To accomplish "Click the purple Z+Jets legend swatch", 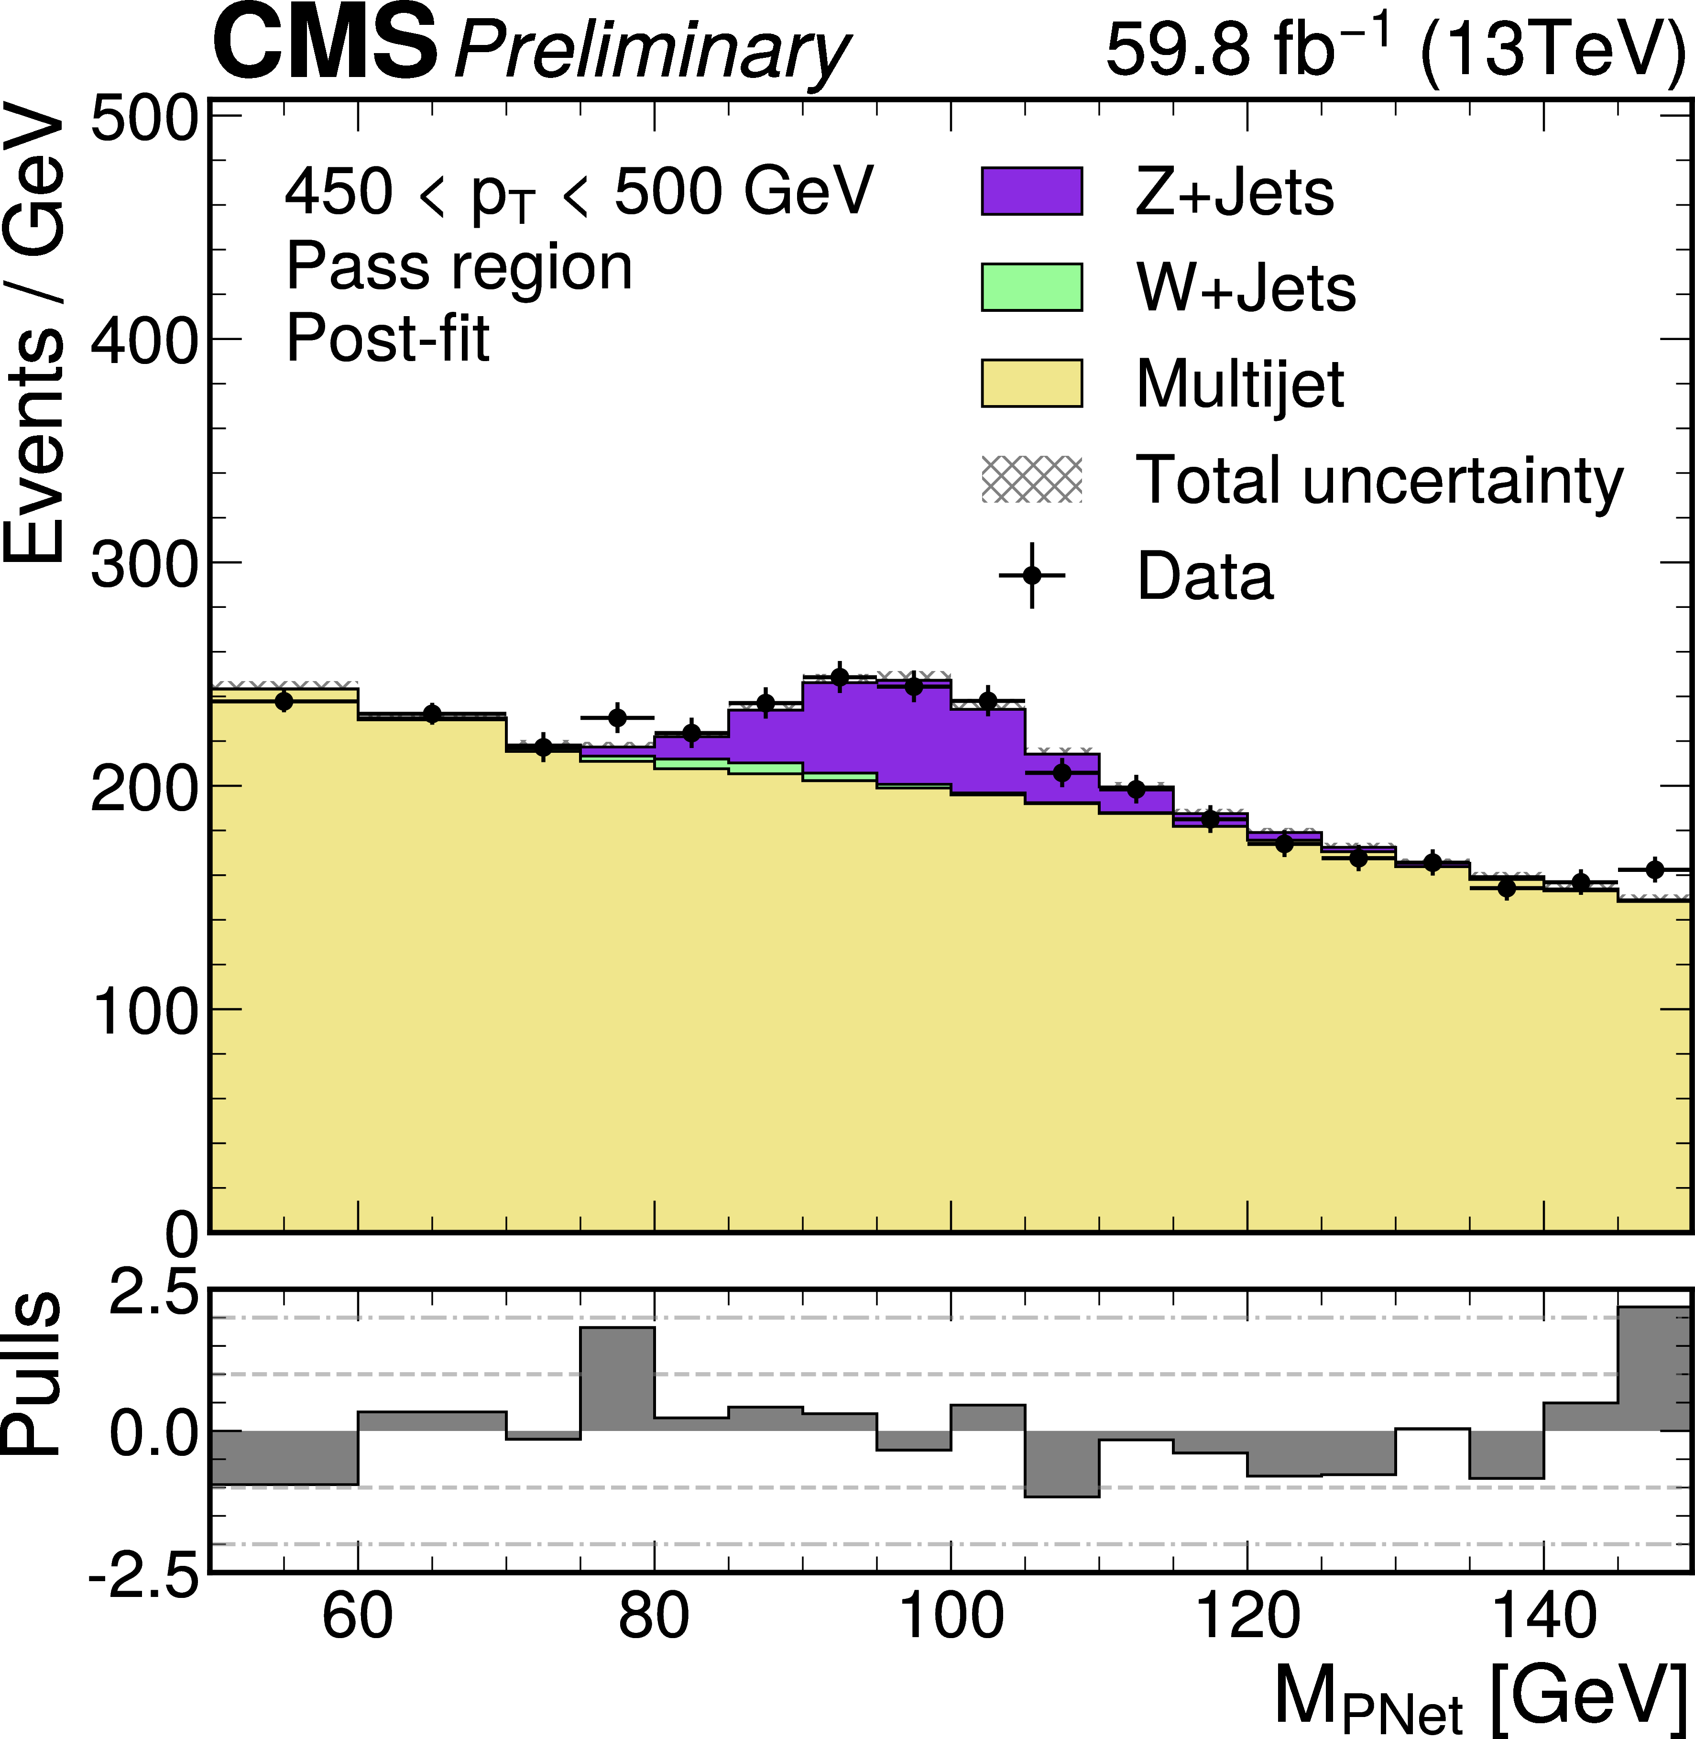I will tap(1032, 190).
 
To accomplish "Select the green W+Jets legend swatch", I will tap(1032, 286).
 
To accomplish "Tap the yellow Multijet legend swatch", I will tap(1032, 383).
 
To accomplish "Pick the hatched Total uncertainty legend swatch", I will tap(1032, 479).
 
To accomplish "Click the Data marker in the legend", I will tap(1032, 575).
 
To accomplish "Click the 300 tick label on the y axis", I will tap(142, 564).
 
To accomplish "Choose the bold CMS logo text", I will tap(325, 44).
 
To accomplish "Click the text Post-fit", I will tap(387, 339).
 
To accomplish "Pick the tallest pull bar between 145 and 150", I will tap(1654, 1369).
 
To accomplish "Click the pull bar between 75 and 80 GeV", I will tap(617, 1379).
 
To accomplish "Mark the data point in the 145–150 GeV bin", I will tap(1654, 870).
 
